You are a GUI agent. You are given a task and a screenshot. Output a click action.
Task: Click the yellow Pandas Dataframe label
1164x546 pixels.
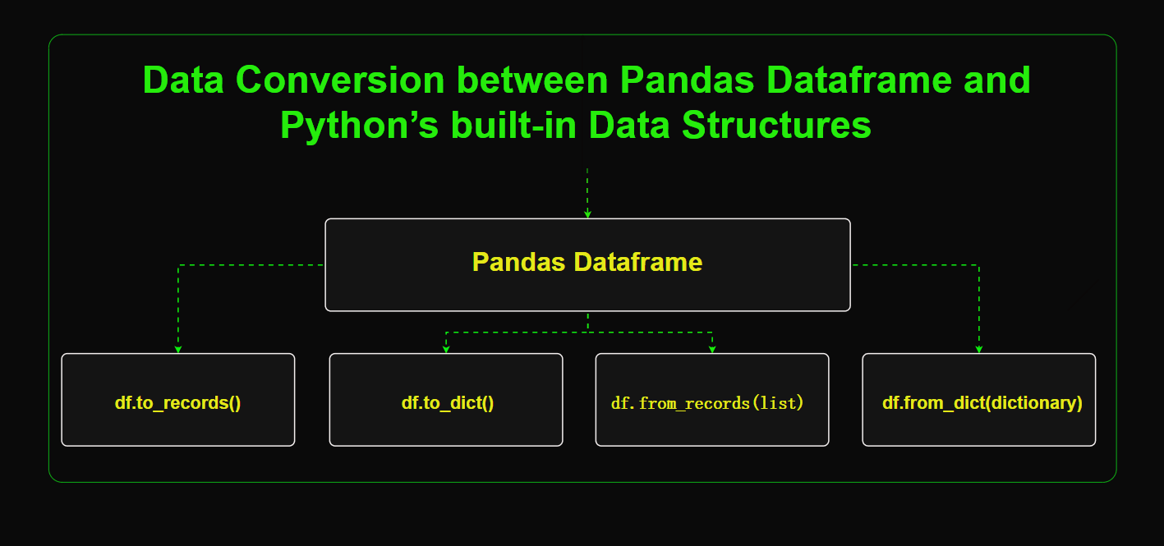coord(587,263)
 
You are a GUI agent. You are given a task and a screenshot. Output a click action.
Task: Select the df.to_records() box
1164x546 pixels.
coord(177,400)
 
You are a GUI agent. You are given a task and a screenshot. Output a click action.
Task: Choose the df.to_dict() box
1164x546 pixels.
coord(446,400)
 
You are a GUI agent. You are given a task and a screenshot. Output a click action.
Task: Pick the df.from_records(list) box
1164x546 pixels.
coord(712,400)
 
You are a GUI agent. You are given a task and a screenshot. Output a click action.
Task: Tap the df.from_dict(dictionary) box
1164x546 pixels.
coord(978,400)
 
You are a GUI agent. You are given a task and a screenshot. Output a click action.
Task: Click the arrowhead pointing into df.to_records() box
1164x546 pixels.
coord(178,349)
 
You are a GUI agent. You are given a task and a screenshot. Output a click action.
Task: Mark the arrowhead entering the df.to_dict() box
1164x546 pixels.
coord(446,349)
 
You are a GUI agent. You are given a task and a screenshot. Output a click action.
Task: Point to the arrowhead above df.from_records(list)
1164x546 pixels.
coord(712,349)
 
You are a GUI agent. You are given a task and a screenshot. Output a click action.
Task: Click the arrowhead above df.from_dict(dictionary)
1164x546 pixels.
coord(978,349)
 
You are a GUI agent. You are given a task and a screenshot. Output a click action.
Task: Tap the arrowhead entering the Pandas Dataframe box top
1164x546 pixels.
coord(587,213)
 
